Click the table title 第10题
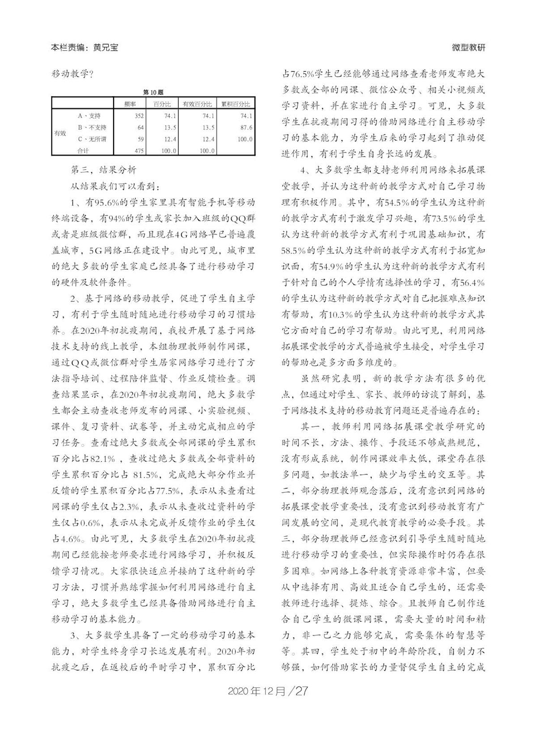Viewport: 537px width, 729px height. click(x=153, y=92)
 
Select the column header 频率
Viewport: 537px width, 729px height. click(x=130, y=104)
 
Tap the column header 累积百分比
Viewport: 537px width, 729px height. click(x=236, y=104)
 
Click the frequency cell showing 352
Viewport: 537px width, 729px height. click(x=139, y=116)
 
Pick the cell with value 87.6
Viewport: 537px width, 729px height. click(x=245, y=128)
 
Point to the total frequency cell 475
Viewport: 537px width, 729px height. click(x=139, y=151)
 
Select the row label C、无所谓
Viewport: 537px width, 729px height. click(x=92, y=139)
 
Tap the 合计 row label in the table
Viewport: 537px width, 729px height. click(x=83, y=151)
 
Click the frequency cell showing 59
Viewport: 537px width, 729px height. click(x=140, y=139)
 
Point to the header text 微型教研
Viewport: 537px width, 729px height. click(x=469, y=47)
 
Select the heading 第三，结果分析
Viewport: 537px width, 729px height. click(x=103, y=170)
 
